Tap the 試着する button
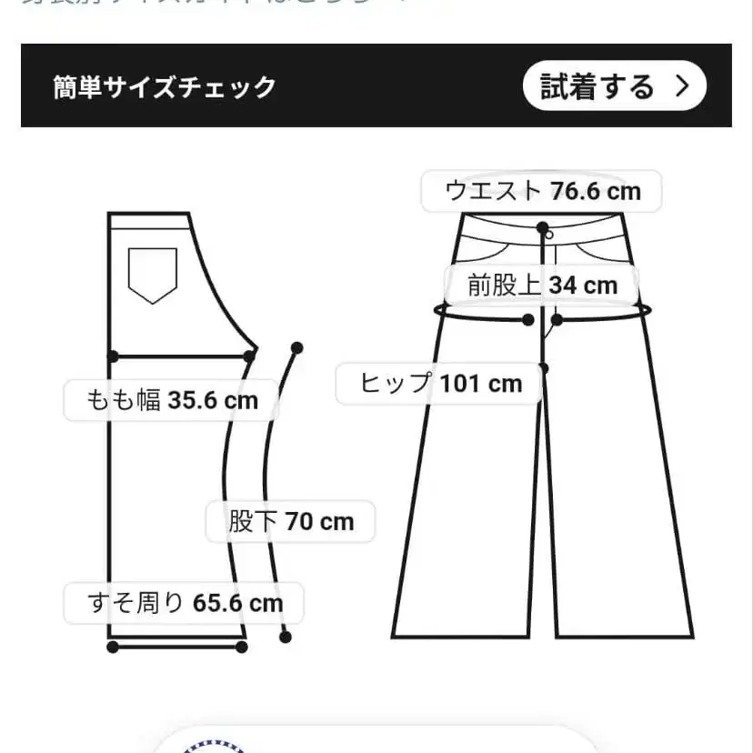point(614,87)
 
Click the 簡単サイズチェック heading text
point(165,87)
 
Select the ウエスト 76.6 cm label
point(542,191)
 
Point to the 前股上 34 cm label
point(542,286)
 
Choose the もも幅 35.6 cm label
point(172,400)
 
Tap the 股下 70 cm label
point(290,522)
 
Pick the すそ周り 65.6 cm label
point(185,603)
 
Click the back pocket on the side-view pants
point(152,274)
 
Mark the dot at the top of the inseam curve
point(296,347)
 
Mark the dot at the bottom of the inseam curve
point(286,638)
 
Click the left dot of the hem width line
point(113,647)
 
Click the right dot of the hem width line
point(241,647)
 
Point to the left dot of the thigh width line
point(113,355)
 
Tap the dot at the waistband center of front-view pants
point(543,227)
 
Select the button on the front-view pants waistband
point(550,235)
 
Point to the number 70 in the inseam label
point(300,522)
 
